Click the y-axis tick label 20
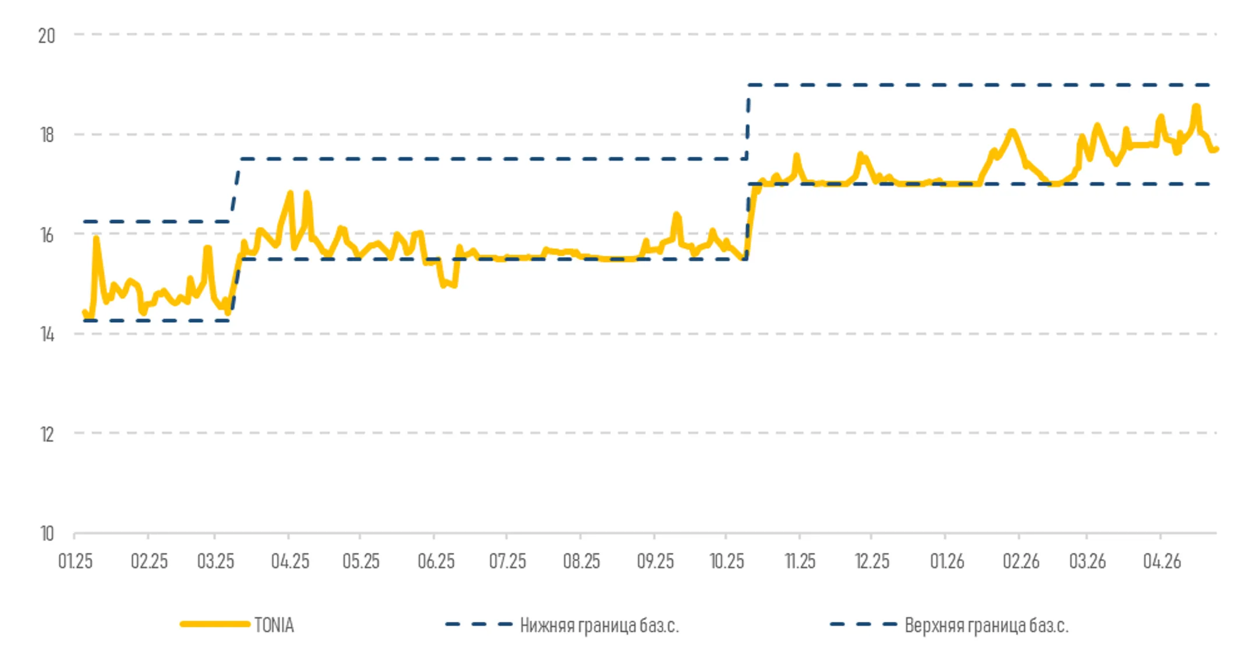(47, 36)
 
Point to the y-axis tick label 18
(47, 135)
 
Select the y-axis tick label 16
(47, 235)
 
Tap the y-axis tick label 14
(47, 334)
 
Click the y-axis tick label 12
(47, 435)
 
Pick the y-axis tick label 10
(47, 534)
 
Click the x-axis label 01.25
(75, 561)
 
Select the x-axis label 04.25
(290, 561)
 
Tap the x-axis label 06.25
(436, 561)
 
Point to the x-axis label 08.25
(581, 561)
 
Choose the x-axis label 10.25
(726, 561)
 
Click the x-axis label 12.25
(872, 561)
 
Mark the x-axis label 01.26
(946, 561)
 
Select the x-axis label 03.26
(1087, 561)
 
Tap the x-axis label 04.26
(1161, 561)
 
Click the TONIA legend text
(274, 625)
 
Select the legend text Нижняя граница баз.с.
(599, 625)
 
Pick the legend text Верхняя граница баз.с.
(986, 625)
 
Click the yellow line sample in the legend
(215, 624)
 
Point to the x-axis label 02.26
(1020, 561)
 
